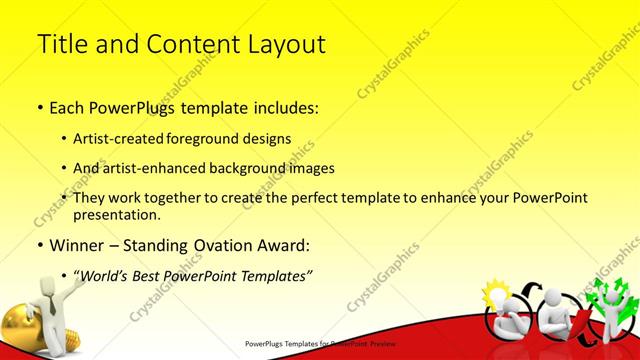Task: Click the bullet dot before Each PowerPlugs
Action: click(39, 106)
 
